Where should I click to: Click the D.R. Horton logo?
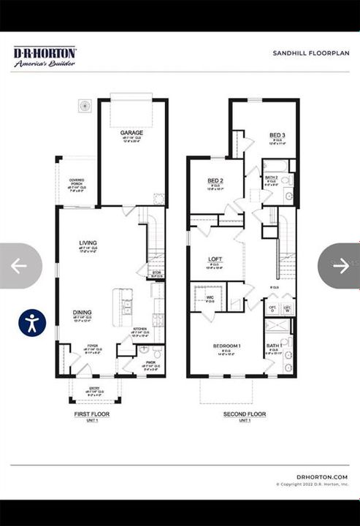(45, 56)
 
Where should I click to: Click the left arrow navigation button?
(19, 266)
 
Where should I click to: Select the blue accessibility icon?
(32, 322)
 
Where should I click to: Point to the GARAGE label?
(131, 133)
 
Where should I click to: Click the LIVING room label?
(88, 243)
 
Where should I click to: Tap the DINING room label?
(82, 313)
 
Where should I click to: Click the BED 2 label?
(215, 180)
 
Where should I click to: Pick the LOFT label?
(215, 259)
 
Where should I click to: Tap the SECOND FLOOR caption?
(244, 413)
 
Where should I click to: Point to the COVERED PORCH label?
(77, 180)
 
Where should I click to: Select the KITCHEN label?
(139, 329)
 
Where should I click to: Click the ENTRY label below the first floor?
(95, 389)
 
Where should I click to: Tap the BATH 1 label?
(273, 345)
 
